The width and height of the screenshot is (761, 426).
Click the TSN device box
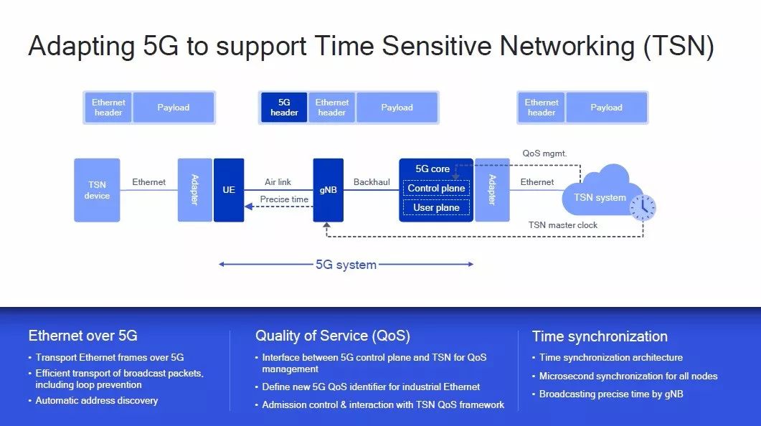(x=97, y=190)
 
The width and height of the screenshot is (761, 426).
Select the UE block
(x=229, y=190)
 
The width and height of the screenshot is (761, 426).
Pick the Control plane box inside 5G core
(x=436, y=188)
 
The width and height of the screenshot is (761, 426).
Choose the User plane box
(x=436, y=207)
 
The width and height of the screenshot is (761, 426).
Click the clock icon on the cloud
(x=642, y=207)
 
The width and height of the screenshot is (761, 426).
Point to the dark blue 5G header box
(x=284, y=108)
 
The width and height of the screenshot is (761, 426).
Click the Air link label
(x=278, y=182)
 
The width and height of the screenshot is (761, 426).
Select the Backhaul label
(x=372, y=182)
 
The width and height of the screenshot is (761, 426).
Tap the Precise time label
(x=284, y=199)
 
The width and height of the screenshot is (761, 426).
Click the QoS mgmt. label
(x=545, y=153)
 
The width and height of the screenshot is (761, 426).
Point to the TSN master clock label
(x=563, y=225)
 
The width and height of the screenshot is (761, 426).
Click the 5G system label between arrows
(x=346, y=265)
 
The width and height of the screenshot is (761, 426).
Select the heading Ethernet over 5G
(x=82, y=336)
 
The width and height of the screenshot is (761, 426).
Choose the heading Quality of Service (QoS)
(x=333, y=336)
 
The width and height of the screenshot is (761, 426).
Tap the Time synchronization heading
(x=600, y=336)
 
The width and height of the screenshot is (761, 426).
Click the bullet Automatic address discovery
(x=97, y=400)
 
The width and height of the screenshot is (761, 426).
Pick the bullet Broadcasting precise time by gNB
(x=611, y=394)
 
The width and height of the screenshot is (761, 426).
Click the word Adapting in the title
(x=81, y=47)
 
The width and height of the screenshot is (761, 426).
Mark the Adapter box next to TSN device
(x=195, y=190)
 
